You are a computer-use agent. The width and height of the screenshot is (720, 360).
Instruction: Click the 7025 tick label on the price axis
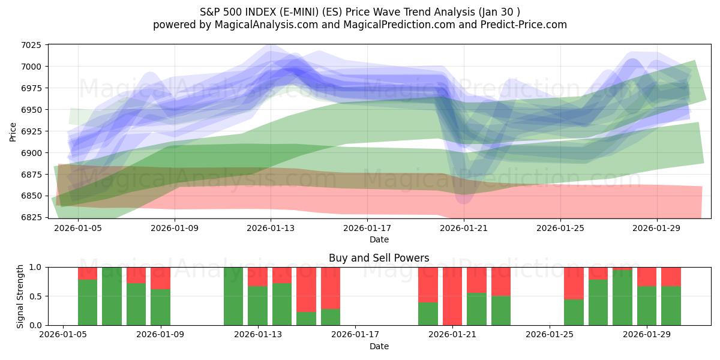(31, 45)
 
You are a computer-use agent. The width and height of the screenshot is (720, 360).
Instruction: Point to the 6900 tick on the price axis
(31, 153)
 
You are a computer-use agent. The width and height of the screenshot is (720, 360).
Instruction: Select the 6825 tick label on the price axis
(31, 217)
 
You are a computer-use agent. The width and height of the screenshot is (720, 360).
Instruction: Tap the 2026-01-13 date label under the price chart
(271, 228)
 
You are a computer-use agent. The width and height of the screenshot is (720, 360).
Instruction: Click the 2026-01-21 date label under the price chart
(464, 228)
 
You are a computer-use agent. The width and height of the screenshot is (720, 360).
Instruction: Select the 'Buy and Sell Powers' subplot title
(379, 258)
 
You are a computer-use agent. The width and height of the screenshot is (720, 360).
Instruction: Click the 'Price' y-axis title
(13, 131)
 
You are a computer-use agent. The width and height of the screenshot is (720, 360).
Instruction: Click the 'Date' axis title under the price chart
(379, 239)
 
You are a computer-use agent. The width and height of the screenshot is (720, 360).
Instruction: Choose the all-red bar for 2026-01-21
(452, 296)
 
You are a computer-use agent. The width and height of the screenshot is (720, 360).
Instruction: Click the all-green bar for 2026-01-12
(233, 296)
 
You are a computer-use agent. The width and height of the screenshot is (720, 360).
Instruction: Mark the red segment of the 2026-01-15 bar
(331, 288)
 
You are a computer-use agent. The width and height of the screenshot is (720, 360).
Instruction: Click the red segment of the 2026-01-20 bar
(428, 284)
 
